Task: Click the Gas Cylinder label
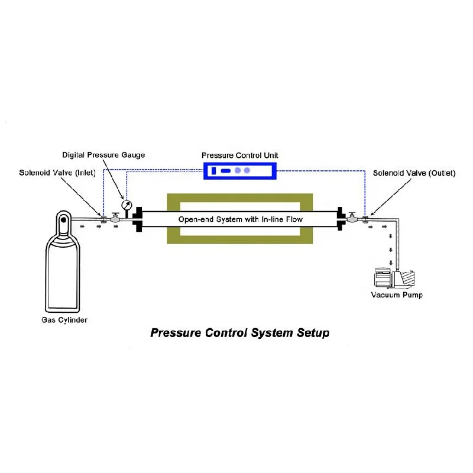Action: pyautogui.click(x=64, y=320)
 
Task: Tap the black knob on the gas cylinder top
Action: pyautogui.click(x=63, y=220)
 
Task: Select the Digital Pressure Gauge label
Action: pyautogui.click(x=103, y=155)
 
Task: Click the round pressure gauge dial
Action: pyautogui.click(x=127, y=205)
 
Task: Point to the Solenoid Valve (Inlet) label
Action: pyautogui.click(x=57, y=173)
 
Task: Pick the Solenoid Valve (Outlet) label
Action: pyautogui.click(x=414, y=173)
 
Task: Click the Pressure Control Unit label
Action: pyautogui.click(x=240, y=155)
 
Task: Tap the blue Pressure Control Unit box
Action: pyautogui.click(x=240, y=171)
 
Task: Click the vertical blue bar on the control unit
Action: pyautogui.click(x=214, y=171)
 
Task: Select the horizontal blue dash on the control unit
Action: pyautogui.click(x=226, y=171)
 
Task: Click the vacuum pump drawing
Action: pyautogui.click(x=394, y=278)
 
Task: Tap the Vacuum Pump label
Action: pyautogui.click(x=397, y=295)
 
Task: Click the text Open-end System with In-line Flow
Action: pyautogui.click(x=241, y=219)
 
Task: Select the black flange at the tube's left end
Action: pyautogui.click(x=138, y=219)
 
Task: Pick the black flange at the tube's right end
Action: pyautogui.click(x=341, y=219)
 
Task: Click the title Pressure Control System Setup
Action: pyautogui.click(x=240, y=333)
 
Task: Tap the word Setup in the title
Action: pyautogui.click(x=313, y=333)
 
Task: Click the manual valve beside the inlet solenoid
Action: pyautogui.click(x=115, y=218)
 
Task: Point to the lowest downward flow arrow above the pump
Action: pyautogui.click(x=391, y=263)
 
